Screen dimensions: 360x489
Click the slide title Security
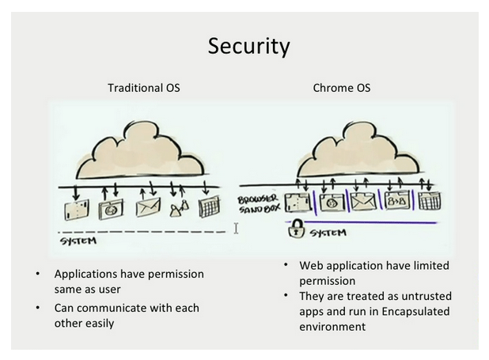(x=248, y=46)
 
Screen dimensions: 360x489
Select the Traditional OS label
(x=143, y=88)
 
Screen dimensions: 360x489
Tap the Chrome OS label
(x=341, y=88)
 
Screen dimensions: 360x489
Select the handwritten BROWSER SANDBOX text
(x=258, y=204)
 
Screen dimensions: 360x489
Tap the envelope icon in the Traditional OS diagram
(x=148, y=208)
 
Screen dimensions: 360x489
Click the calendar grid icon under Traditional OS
(x=209, y=208)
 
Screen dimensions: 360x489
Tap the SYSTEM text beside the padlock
(x=328, y=233)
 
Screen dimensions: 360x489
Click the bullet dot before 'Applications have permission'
(x=36, y=274)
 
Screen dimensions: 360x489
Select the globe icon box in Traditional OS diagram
(x=107, y=210)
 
